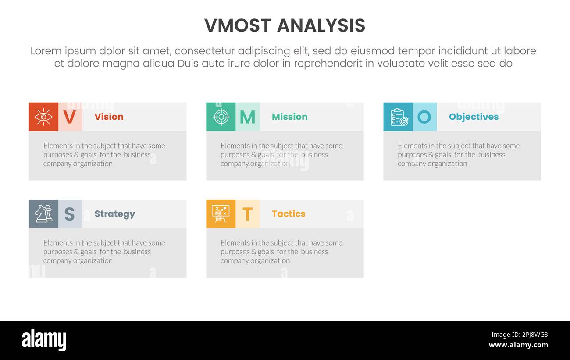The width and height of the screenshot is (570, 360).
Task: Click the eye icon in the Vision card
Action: coord(43,117)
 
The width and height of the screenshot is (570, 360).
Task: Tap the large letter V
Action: coord(70,117)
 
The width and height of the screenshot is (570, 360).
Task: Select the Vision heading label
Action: coord(109,117)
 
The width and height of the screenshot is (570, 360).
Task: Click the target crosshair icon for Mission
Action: coord(221,117)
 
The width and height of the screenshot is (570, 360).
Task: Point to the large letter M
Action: coord(247,117)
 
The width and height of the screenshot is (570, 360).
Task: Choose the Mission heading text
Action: coord(289,117)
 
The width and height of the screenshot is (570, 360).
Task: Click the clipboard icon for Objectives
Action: coord(398,117)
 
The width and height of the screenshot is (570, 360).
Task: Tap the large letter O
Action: coord(424,117)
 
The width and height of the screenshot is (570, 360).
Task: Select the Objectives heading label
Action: coord(474,117)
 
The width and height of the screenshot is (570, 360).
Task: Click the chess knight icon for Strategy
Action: coord(43,214)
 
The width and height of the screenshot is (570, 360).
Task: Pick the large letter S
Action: coord(70,214)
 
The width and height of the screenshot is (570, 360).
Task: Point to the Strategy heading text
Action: coord(114,214)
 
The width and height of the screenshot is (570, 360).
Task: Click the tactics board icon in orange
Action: coord(221,214)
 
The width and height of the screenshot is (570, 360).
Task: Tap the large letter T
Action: coord(247,214)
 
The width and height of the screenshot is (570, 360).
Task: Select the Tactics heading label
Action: coord(289,214)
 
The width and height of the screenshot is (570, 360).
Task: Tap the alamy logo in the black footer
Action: coord(44,340)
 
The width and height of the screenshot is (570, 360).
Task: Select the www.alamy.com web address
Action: coord(518,345)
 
